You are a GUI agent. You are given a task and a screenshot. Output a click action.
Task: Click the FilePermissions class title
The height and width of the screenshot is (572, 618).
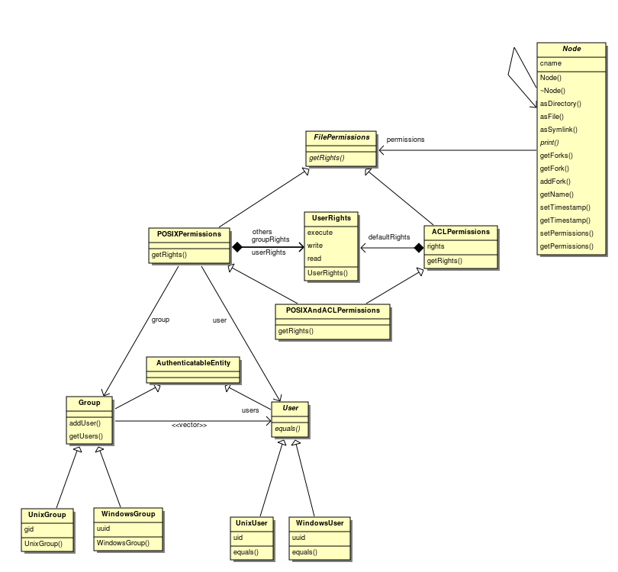click(x=341, y=137)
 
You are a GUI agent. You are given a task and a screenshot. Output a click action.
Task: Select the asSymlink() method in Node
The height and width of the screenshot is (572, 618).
click(x=558, y=130)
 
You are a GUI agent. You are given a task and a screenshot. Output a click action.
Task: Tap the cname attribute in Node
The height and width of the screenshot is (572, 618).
click(x=551, y=63)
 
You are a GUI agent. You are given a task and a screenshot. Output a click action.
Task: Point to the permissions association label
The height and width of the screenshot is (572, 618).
click(x=405, y=140)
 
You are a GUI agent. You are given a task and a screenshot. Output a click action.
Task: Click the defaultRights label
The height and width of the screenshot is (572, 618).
click(x=389, y=236)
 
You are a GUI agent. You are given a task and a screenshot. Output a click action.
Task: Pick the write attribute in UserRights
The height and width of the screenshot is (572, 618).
click(x=315, y=246)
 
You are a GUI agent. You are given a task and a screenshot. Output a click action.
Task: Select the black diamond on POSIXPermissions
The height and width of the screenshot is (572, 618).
click(x=237, y=247)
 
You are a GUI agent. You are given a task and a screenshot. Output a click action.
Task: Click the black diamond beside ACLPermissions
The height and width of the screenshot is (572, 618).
click(x=419, y=248)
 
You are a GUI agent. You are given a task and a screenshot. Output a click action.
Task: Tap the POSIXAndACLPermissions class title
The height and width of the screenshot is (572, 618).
click(x=333, y=310)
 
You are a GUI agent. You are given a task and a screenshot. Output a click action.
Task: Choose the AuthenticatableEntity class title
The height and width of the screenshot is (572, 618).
click(x=193, y=363)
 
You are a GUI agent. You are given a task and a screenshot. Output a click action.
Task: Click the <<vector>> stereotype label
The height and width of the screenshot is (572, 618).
click(x=189, y=425)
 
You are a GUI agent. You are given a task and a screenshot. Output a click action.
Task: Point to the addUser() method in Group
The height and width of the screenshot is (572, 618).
click(x=85, y=423)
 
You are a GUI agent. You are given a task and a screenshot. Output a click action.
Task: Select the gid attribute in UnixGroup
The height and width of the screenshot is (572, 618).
click(x=29, y=529)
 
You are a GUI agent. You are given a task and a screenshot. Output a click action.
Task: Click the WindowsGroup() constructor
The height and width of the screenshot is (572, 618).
click(x=123, y=543)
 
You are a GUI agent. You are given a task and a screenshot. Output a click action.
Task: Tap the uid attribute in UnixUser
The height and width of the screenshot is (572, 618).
click(x=238, y=538)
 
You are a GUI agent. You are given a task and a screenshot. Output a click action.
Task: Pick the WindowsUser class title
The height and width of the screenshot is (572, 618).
click(x=320, y=523)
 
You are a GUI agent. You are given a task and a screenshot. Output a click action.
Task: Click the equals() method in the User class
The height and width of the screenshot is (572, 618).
click(x=288, y=429)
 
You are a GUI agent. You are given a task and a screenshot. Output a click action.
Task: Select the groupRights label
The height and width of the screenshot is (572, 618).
click(x=270, y=239)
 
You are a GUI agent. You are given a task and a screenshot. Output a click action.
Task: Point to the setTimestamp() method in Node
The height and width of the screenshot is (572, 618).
click(x=565, y=207)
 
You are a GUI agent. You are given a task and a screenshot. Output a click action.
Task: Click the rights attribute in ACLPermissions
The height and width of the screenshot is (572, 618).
click(x=436, y=246)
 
